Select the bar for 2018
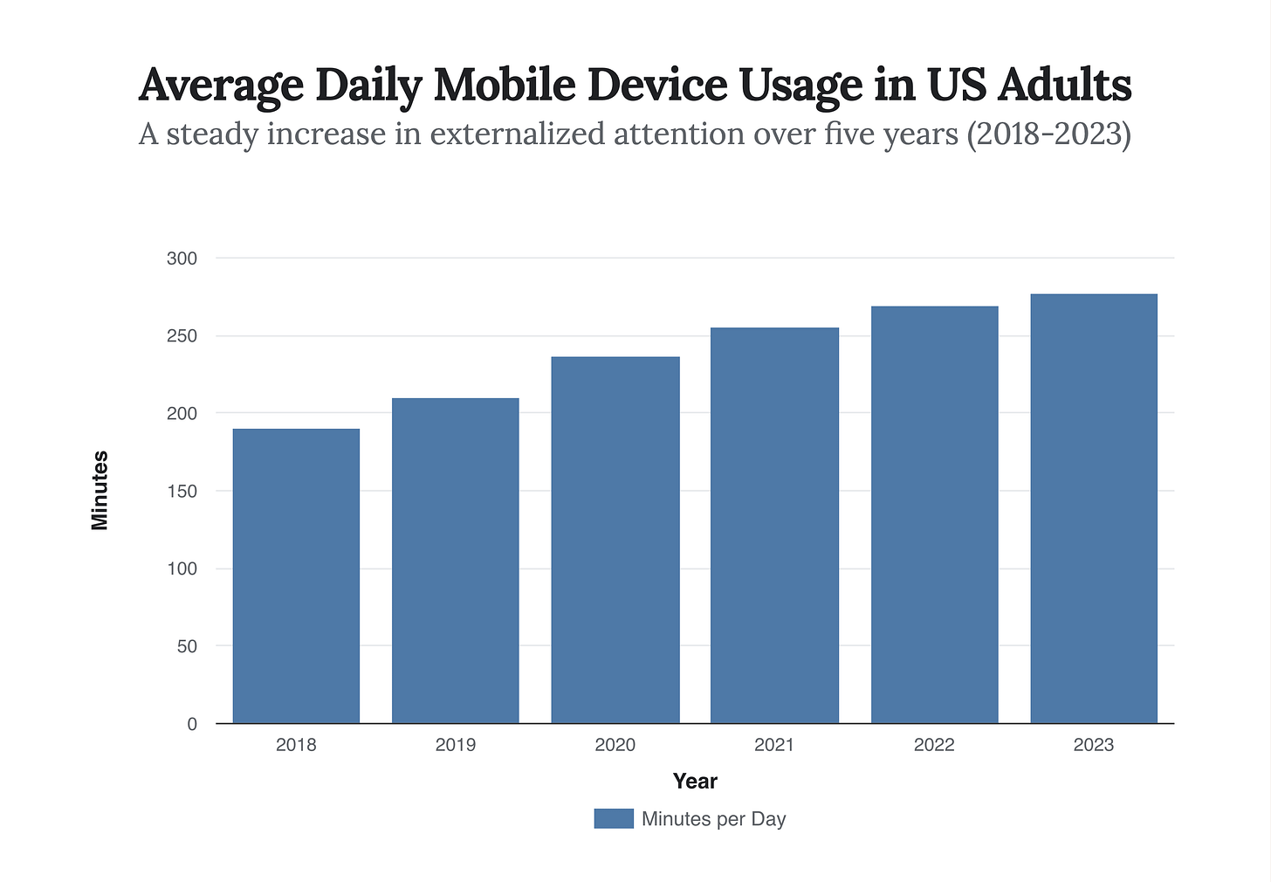pos(296,575)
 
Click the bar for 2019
pos(456,560)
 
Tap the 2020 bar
pos(615,540)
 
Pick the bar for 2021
pos(774,525)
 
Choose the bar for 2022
pos(935,514)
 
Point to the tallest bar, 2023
pos(1094,508)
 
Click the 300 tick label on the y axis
pos(182,258)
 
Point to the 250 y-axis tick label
pos(182,336)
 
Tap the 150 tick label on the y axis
pos(182,491)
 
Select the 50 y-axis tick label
pos(187,646)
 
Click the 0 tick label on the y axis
pos(192,724)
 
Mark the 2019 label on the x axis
pos(456,745)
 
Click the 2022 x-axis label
pos(935,745)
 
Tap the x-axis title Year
pos(695,782)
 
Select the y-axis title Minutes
pos(100,491)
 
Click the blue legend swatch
pos(614,818)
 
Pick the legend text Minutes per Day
pos(714,819)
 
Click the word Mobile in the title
pos(505,85)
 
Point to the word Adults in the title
pos(1064,85)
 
